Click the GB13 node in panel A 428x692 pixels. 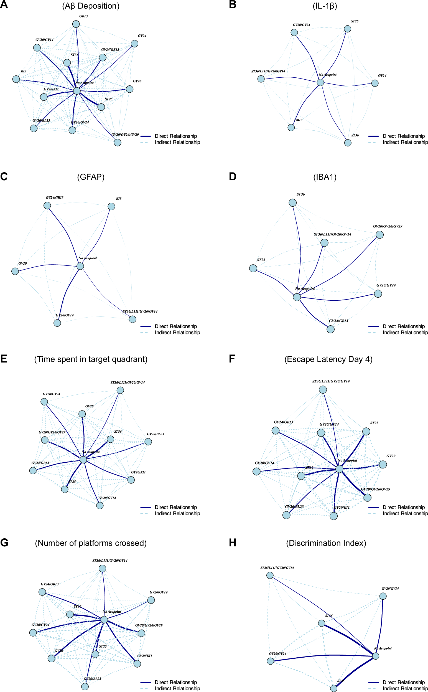pos(76,24)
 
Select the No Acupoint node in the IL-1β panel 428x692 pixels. pos(320,82)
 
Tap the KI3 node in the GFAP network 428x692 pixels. pos(111,206)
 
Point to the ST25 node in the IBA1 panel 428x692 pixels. pos(253,268)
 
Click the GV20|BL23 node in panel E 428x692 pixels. pos(148,442)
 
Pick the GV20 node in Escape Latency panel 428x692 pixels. pos(383,464)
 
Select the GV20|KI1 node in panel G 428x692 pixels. pos(137,664)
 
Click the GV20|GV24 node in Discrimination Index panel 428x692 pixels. pos(271,661)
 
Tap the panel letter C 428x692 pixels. pos(4,176)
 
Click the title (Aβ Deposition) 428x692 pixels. pos(91,6)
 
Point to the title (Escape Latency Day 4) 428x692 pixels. pos(328,359)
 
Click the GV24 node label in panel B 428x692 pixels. pos(382,76)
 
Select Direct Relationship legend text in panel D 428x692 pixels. pos(403,326)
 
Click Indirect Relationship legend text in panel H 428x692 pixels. pos(405,688)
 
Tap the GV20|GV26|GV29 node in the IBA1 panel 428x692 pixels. pos(379,235)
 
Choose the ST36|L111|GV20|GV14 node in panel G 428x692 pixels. pos(103,568)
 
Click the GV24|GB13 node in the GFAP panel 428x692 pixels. pos(47,205)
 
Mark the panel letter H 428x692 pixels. pos(232,543)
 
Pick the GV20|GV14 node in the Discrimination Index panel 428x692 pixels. pos(383,596)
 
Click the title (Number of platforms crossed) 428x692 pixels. pos(91,543)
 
